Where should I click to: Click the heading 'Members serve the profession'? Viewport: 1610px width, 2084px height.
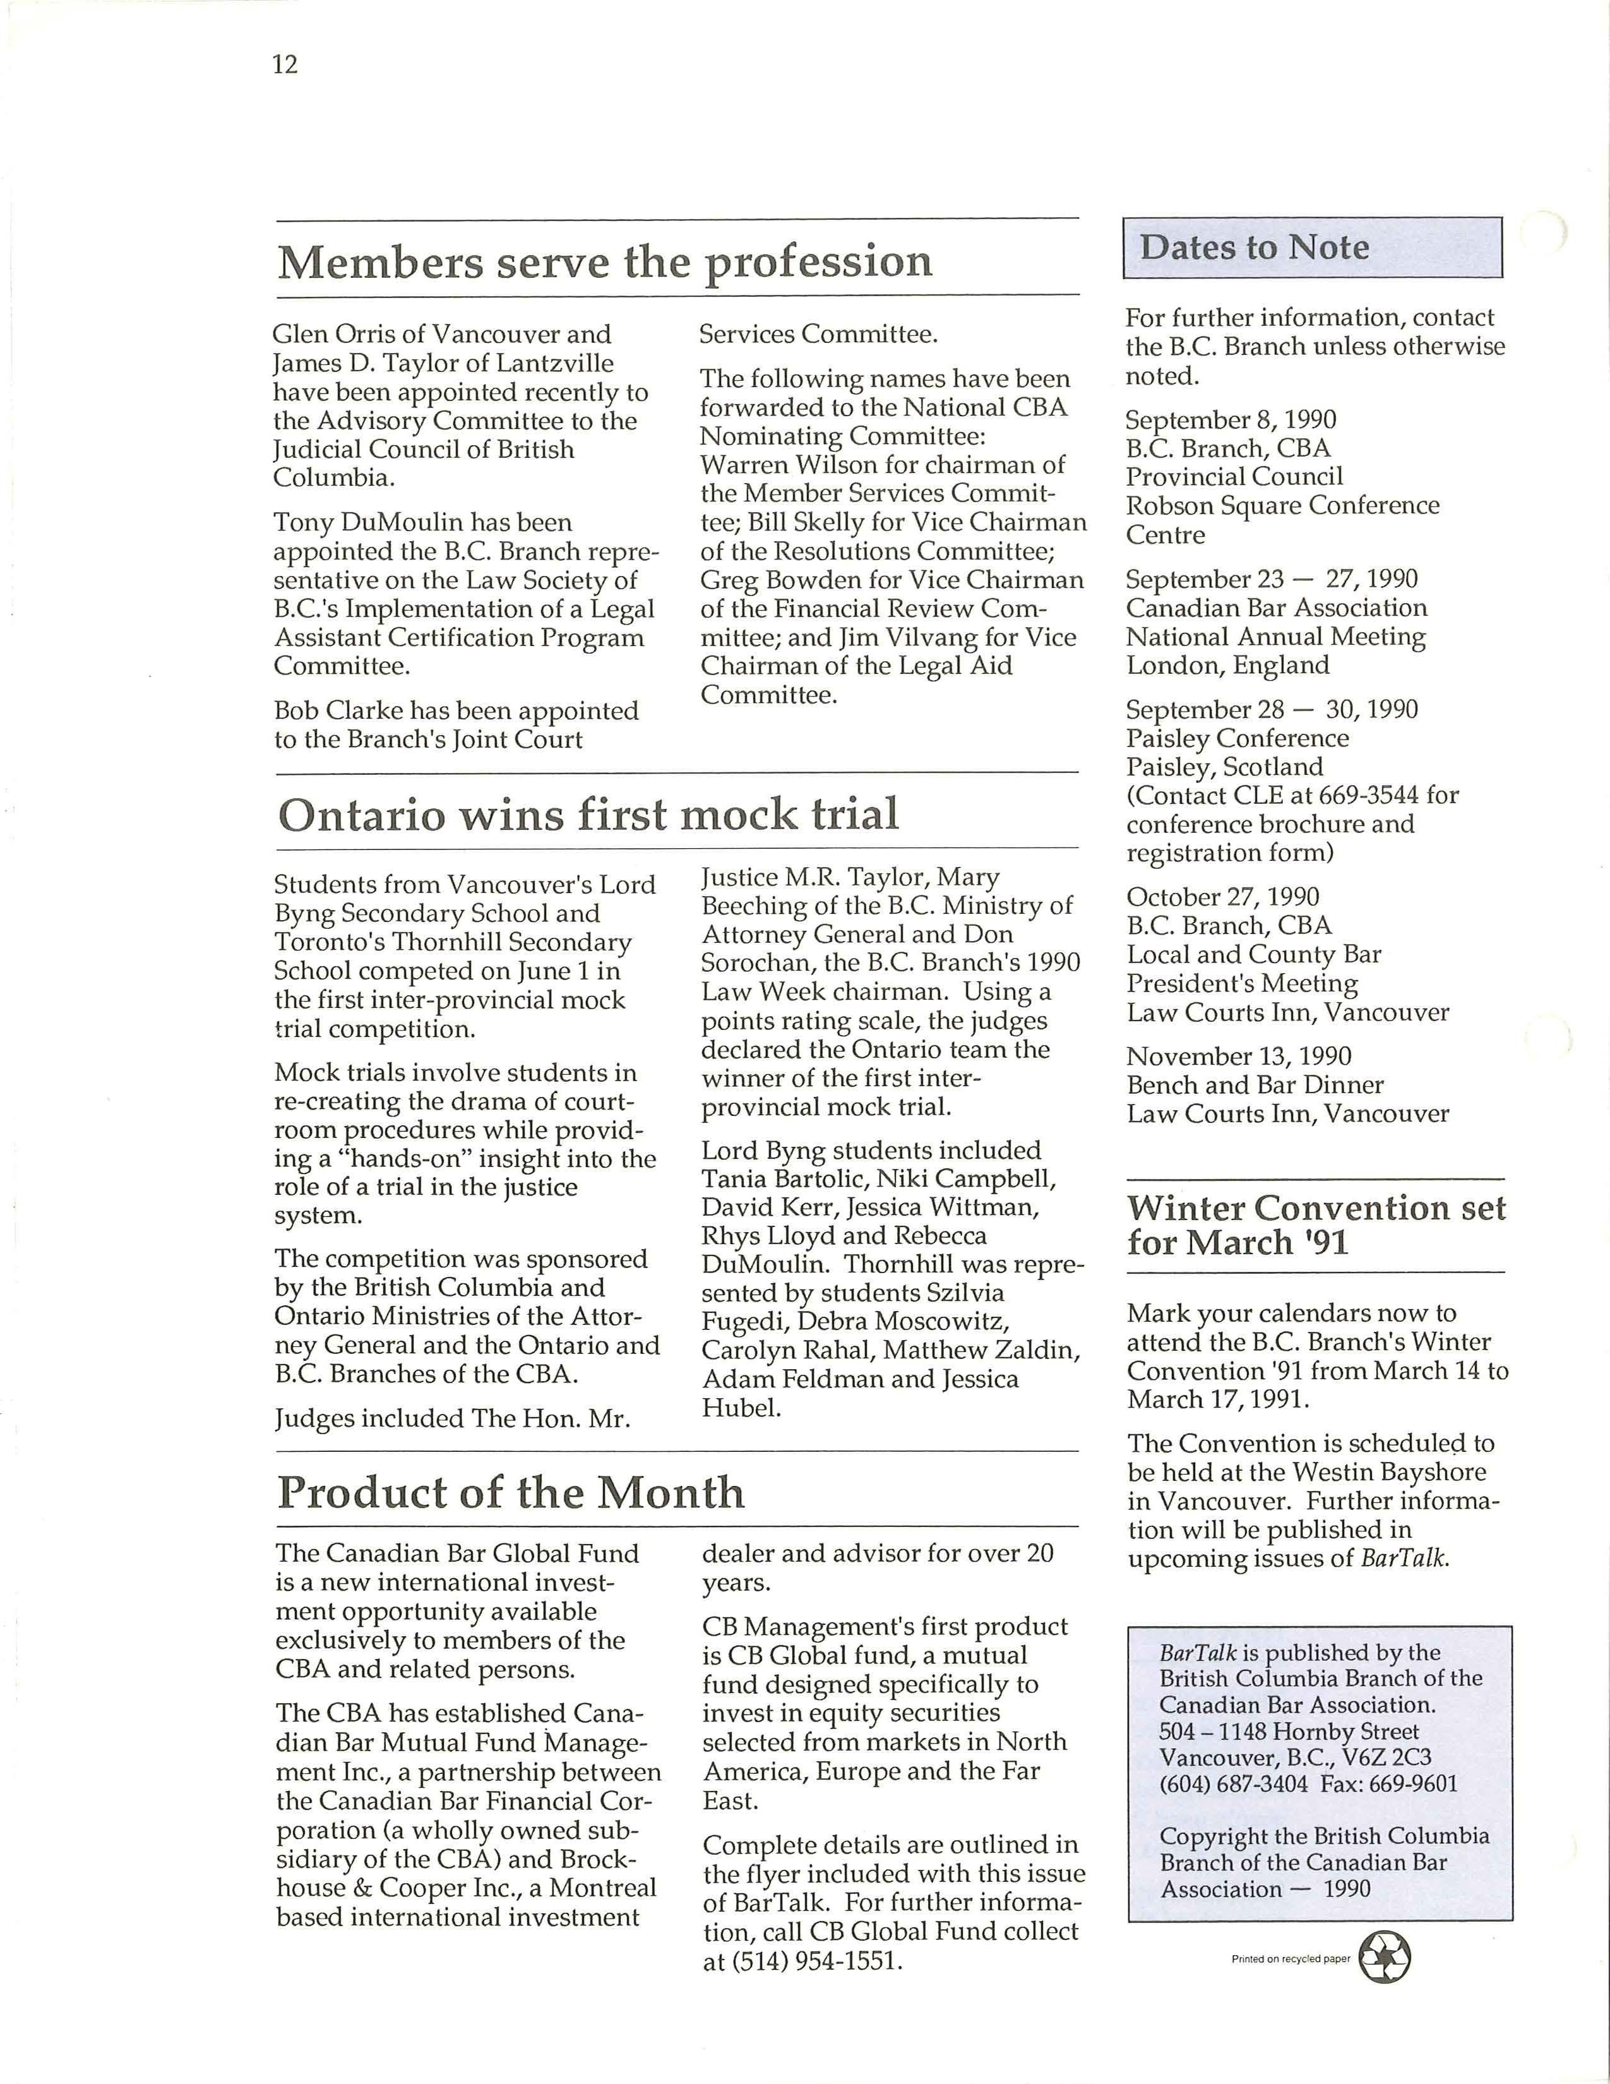pos(605,261)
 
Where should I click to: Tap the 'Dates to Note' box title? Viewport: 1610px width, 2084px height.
pos(1255,248)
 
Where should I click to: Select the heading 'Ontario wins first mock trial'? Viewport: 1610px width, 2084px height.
pos(588,815)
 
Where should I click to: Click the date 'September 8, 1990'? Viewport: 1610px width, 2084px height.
pos(1231,420)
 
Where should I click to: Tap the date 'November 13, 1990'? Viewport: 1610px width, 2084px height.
pos(1239,1057)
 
